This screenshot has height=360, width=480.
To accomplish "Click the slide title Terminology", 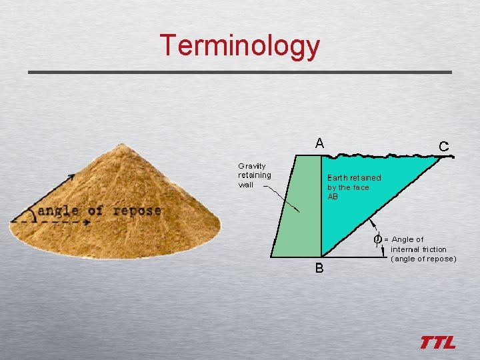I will pyautogui.click(x=240, y=45).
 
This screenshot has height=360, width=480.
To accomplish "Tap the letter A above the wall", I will pyautogui.click(x=320, y=143).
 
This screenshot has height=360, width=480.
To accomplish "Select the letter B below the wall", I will pyautogui.click(x=319, y=268).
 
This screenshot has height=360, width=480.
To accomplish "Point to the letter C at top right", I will pyautogui.click(x=443, y=145).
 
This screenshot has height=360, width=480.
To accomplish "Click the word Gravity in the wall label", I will pyautogui.click(x=252, y=166).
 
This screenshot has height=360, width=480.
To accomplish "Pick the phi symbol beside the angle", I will pyautogui.click(x=377, y=239).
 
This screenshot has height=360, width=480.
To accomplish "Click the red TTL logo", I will pyautogui.click(x=438, y=343).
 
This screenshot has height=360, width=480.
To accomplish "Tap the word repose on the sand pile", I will pyautogui.click(x=137, y=211).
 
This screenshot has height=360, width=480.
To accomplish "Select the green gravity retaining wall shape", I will pyautogui.click(x=297, y=207).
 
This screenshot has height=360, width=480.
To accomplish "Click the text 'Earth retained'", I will pyautogui.click(x=354, y=178).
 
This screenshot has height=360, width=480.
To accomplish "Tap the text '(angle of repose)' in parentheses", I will pyautogui.click(x=423, y=259).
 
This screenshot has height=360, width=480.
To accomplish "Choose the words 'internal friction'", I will pyautogui.click(x=419, y=249).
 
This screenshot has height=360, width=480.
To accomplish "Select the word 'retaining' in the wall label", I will pyautogui.click(x=255, y=175).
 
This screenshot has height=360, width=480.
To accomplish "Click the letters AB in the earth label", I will pyautogui.click(x=333, y=197).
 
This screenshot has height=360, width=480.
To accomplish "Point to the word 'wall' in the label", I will pyautogui.click(x=246, y=185).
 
